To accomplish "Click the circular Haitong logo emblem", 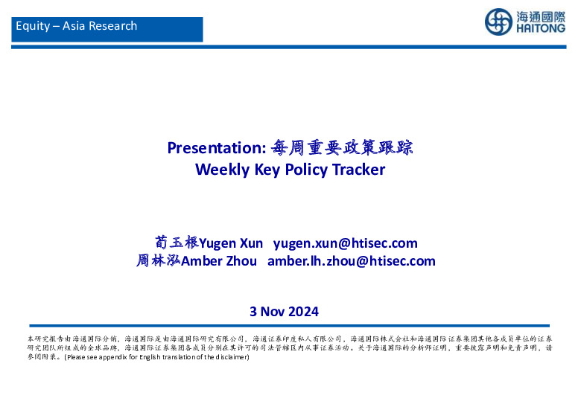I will pyautogui.click(x=499, y=22).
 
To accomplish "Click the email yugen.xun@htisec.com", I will pyautogui.click(x=346, y=243).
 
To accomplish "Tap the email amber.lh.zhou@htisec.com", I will pyautogui.click(x=351, y=261).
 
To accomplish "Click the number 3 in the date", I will pyautogui.click(x=253, y=311).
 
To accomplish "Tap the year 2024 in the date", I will pyautogui.click(x=303, y=311).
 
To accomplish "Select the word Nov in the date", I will pyautogui.click(x=273, y=311).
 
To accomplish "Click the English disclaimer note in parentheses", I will pyautogui.click(x=156, y=357).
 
